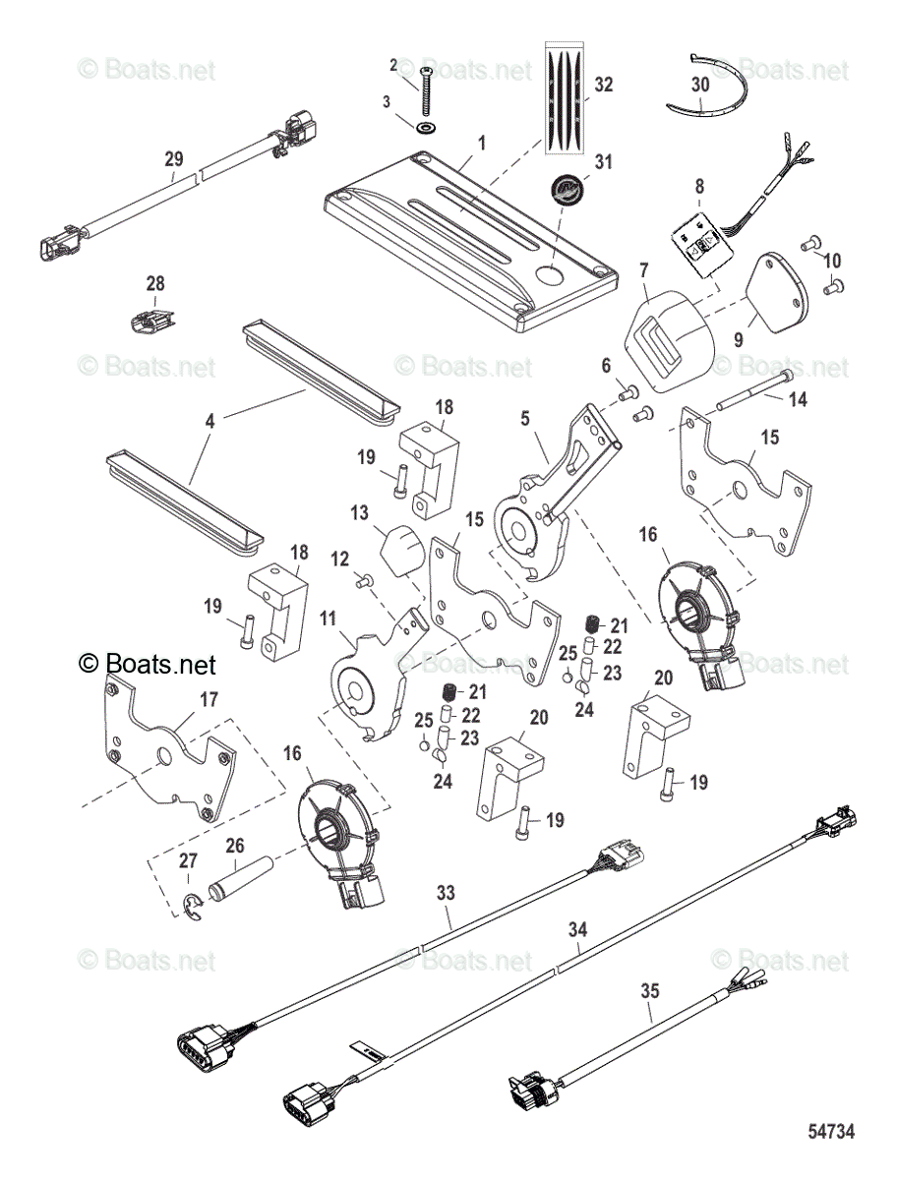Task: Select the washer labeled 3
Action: (427, 128)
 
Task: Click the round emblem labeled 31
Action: (568, 188)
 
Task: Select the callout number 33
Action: (447, 893)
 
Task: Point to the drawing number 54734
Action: (831, 1132)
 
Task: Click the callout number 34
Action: (577, 927)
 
